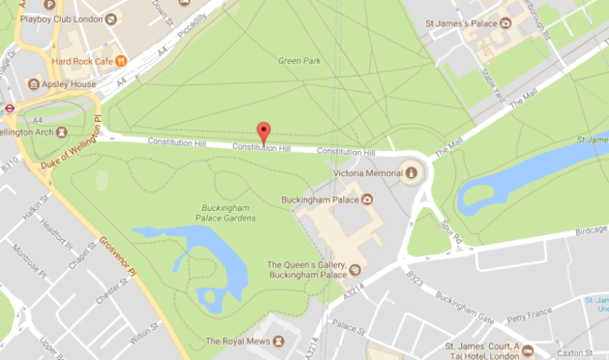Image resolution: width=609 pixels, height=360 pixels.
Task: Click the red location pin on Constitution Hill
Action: pyautogui.click(x=263, y=133)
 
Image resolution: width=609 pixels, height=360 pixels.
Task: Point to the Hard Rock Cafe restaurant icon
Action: pyautogui.click(x=121, y=61)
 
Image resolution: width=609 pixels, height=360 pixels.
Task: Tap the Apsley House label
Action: pyautogui.click(x=70, y=83)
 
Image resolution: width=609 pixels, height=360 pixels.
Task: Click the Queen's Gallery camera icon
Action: pyautogui.click(x=354, y=271)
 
